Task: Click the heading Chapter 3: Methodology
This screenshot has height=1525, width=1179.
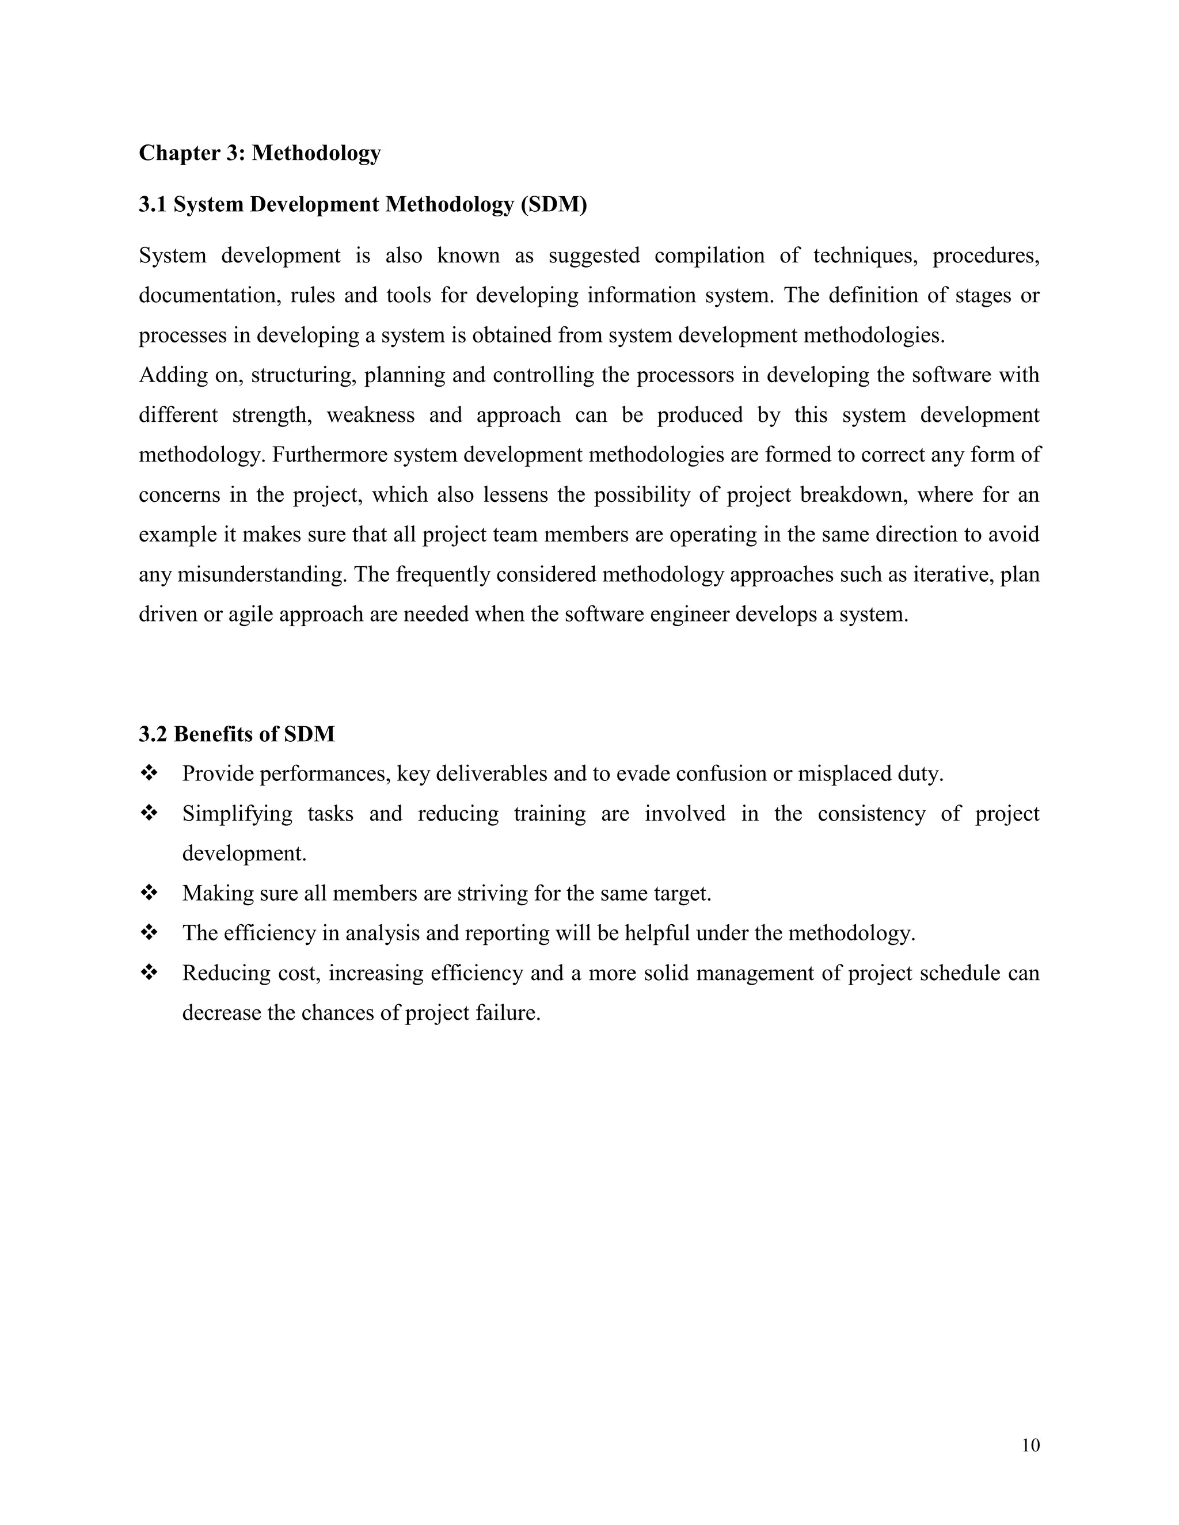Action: click(259, 153)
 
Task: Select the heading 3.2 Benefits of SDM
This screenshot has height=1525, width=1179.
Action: click(237, 734)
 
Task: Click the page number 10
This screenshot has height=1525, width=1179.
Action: click(1030, 1446)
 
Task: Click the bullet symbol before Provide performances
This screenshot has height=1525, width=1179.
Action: click(149, 773)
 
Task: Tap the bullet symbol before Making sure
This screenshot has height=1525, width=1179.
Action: click(149, 893)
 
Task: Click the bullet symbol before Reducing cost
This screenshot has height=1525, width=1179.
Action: click(149, 972)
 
